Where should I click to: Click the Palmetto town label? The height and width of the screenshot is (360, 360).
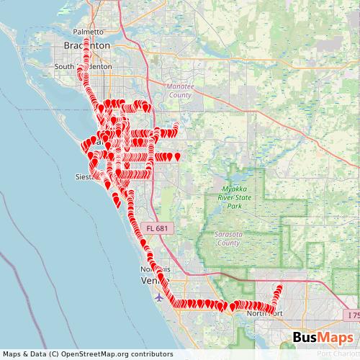click(89, 32)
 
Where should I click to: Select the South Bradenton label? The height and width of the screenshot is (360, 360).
click(84, 66)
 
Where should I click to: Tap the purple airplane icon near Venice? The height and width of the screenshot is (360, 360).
click(159, 296)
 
